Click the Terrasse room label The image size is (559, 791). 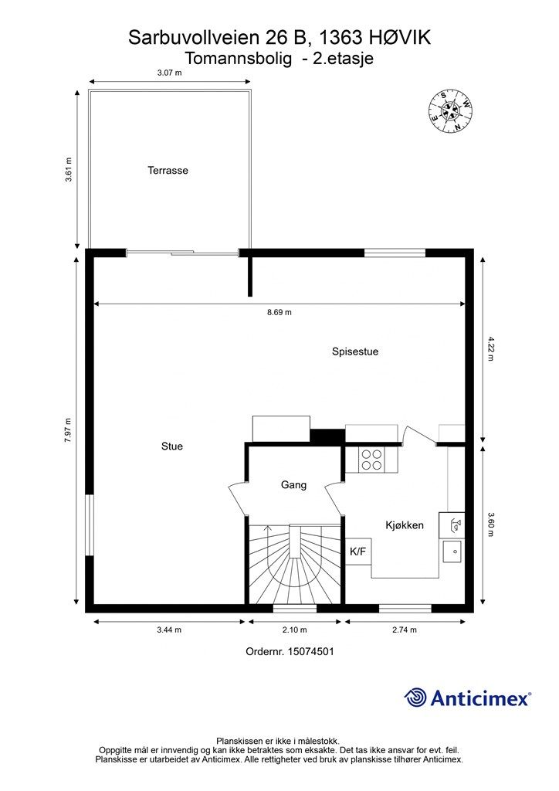(x=168, y=171)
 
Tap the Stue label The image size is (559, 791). (x=172, y=446)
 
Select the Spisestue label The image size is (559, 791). (x=355, y=351)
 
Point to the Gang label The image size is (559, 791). (x=293, y=485)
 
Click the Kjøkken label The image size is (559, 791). (x=405, y=525)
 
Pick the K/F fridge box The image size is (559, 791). (x=358, y=552)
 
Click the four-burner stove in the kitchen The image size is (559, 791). (x=371, y=460)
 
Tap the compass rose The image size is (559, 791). (x=450, y=111)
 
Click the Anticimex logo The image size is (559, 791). (x=467, y=698)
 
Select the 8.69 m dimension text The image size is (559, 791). (x=279, y=312)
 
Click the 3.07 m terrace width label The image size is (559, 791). (x=169, y=73)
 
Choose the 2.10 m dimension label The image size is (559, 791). (x=294, y=630)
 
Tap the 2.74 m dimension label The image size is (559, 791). (x=405, y=630)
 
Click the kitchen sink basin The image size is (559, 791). (x=452, y=552)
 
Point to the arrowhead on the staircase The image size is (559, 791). (x=267, y=528)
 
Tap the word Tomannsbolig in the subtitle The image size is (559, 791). (x=239, y=59)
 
